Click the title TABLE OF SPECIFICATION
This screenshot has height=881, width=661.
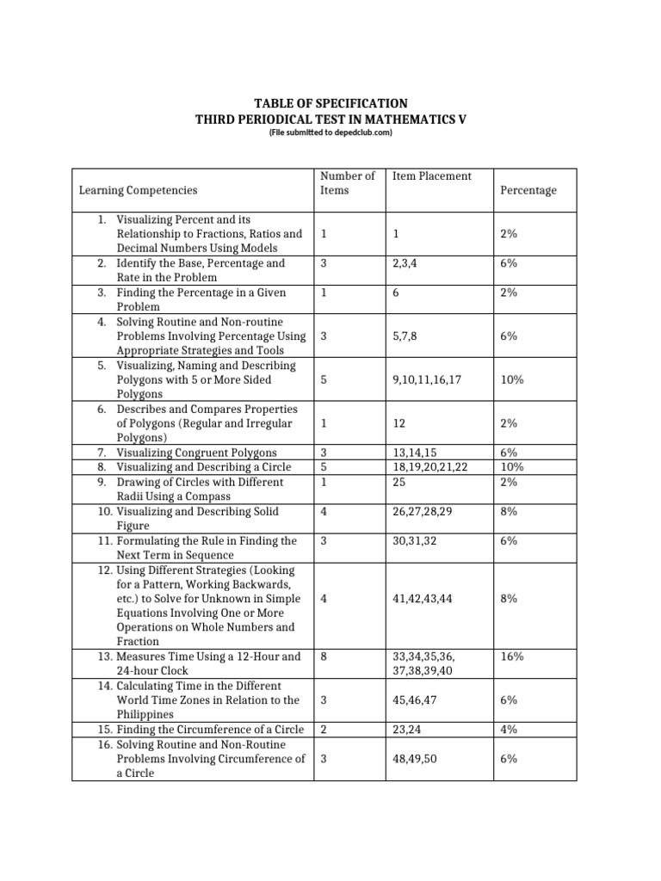tap(330, 102)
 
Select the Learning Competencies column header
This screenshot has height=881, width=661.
tap(138, 190)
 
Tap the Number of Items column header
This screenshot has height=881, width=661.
tap(347, 182)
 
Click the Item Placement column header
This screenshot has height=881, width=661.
tap(432, 176)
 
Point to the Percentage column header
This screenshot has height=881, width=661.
tap(528, 190)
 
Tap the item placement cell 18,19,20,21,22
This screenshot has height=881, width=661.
tap(429, 467)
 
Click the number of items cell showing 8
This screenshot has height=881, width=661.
tap(323, 656)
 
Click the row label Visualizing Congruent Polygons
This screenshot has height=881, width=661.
tap(196, 453)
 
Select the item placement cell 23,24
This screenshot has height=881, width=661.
tap(408, 730)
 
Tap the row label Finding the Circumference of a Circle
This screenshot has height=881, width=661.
tap(210, 730)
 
